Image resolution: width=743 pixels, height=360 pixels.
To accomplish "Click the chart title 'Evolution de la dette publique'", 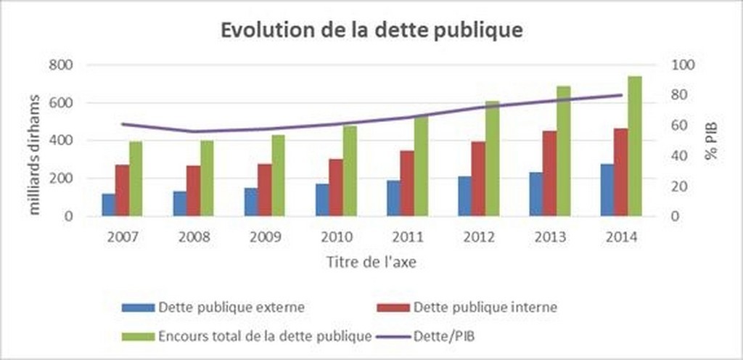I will coord(371,31).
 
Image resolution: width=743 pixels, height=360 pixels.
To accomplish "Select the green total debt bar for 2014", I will coord(635,146).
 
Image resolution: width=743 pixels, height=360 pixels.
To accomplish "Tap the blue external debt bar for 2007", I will coord(108,205).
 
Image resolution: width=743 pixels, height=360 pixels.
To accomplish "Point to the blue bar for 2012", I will coord(464,196).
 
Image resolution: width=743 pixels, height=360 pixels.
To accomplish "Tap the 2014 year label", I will coord(620,237).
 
